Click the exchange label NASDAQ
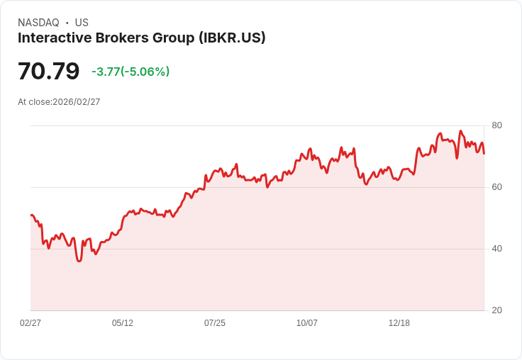[x=38, y=23]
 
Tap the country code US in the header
[x=82, y=23]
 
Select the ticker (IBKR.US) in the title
[x=232, y=38]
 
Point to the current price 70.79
[x=48, y=72]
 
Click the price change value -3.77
[x=106, y=72]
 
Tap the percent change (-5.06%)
[x=145, y=72]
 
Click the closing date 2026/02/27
[x=77, y=102]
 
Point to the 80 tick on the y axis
[x=497, y=125]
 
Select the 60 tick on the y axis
[x=497, y=187]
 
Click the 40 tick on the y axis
[x=497, y=249]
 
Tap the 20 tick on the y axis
[x=497, y=310]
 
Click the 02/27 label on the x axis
[x=30, y=323]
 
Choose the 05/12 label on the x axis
[x=123, y=323]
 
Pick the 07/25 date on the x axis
[x=215, y=323]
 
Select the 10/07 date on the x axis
[x=307, y=323]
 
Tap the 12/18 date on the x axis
[x=399, y=323]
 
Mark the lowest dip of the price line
[x=79, y=261]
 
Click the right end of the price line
[x=484, y=153]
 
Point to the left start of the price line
[x=31, y=215]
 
